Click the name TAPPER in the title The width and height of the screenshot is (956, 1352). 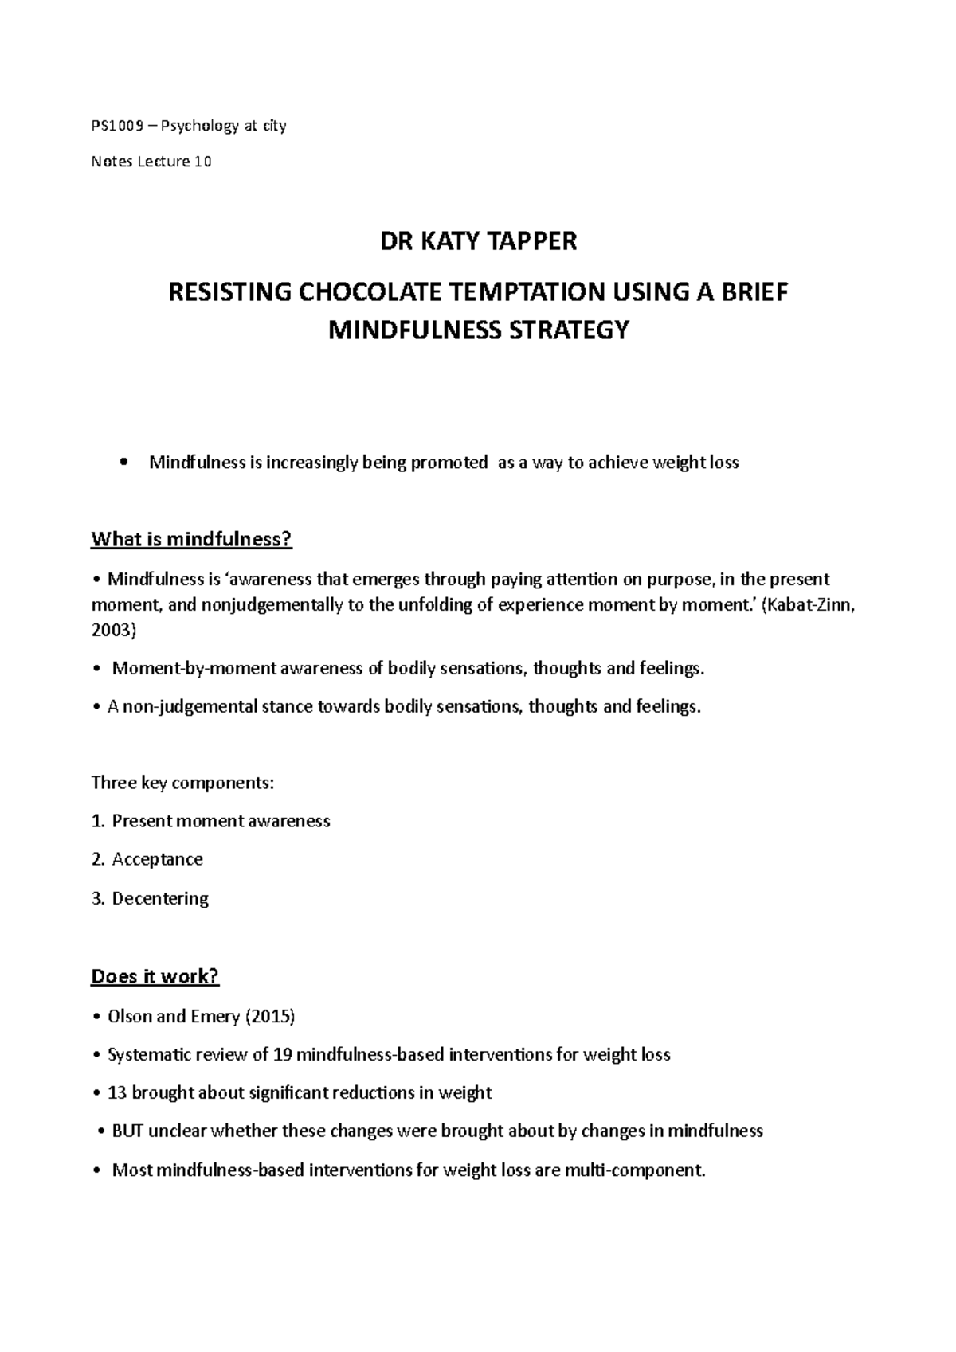tap(529, 240)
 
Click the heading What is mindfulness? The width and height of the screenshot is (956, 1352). tap(192, 540)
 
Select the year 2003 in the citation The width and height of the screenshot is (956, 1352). tap(111, 631)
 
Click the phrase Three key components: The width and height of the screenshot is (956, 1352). tap(182, 783)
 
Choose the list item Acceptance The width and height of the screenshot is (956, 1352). tap(157, 859)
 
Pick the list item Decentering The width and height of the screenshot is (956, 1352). tap(160, 898)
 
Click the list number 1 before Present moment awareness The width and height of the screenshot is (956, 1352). tap(96, 821)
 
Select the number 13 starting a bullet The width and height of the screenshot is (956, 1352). tap(117, 1093)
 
